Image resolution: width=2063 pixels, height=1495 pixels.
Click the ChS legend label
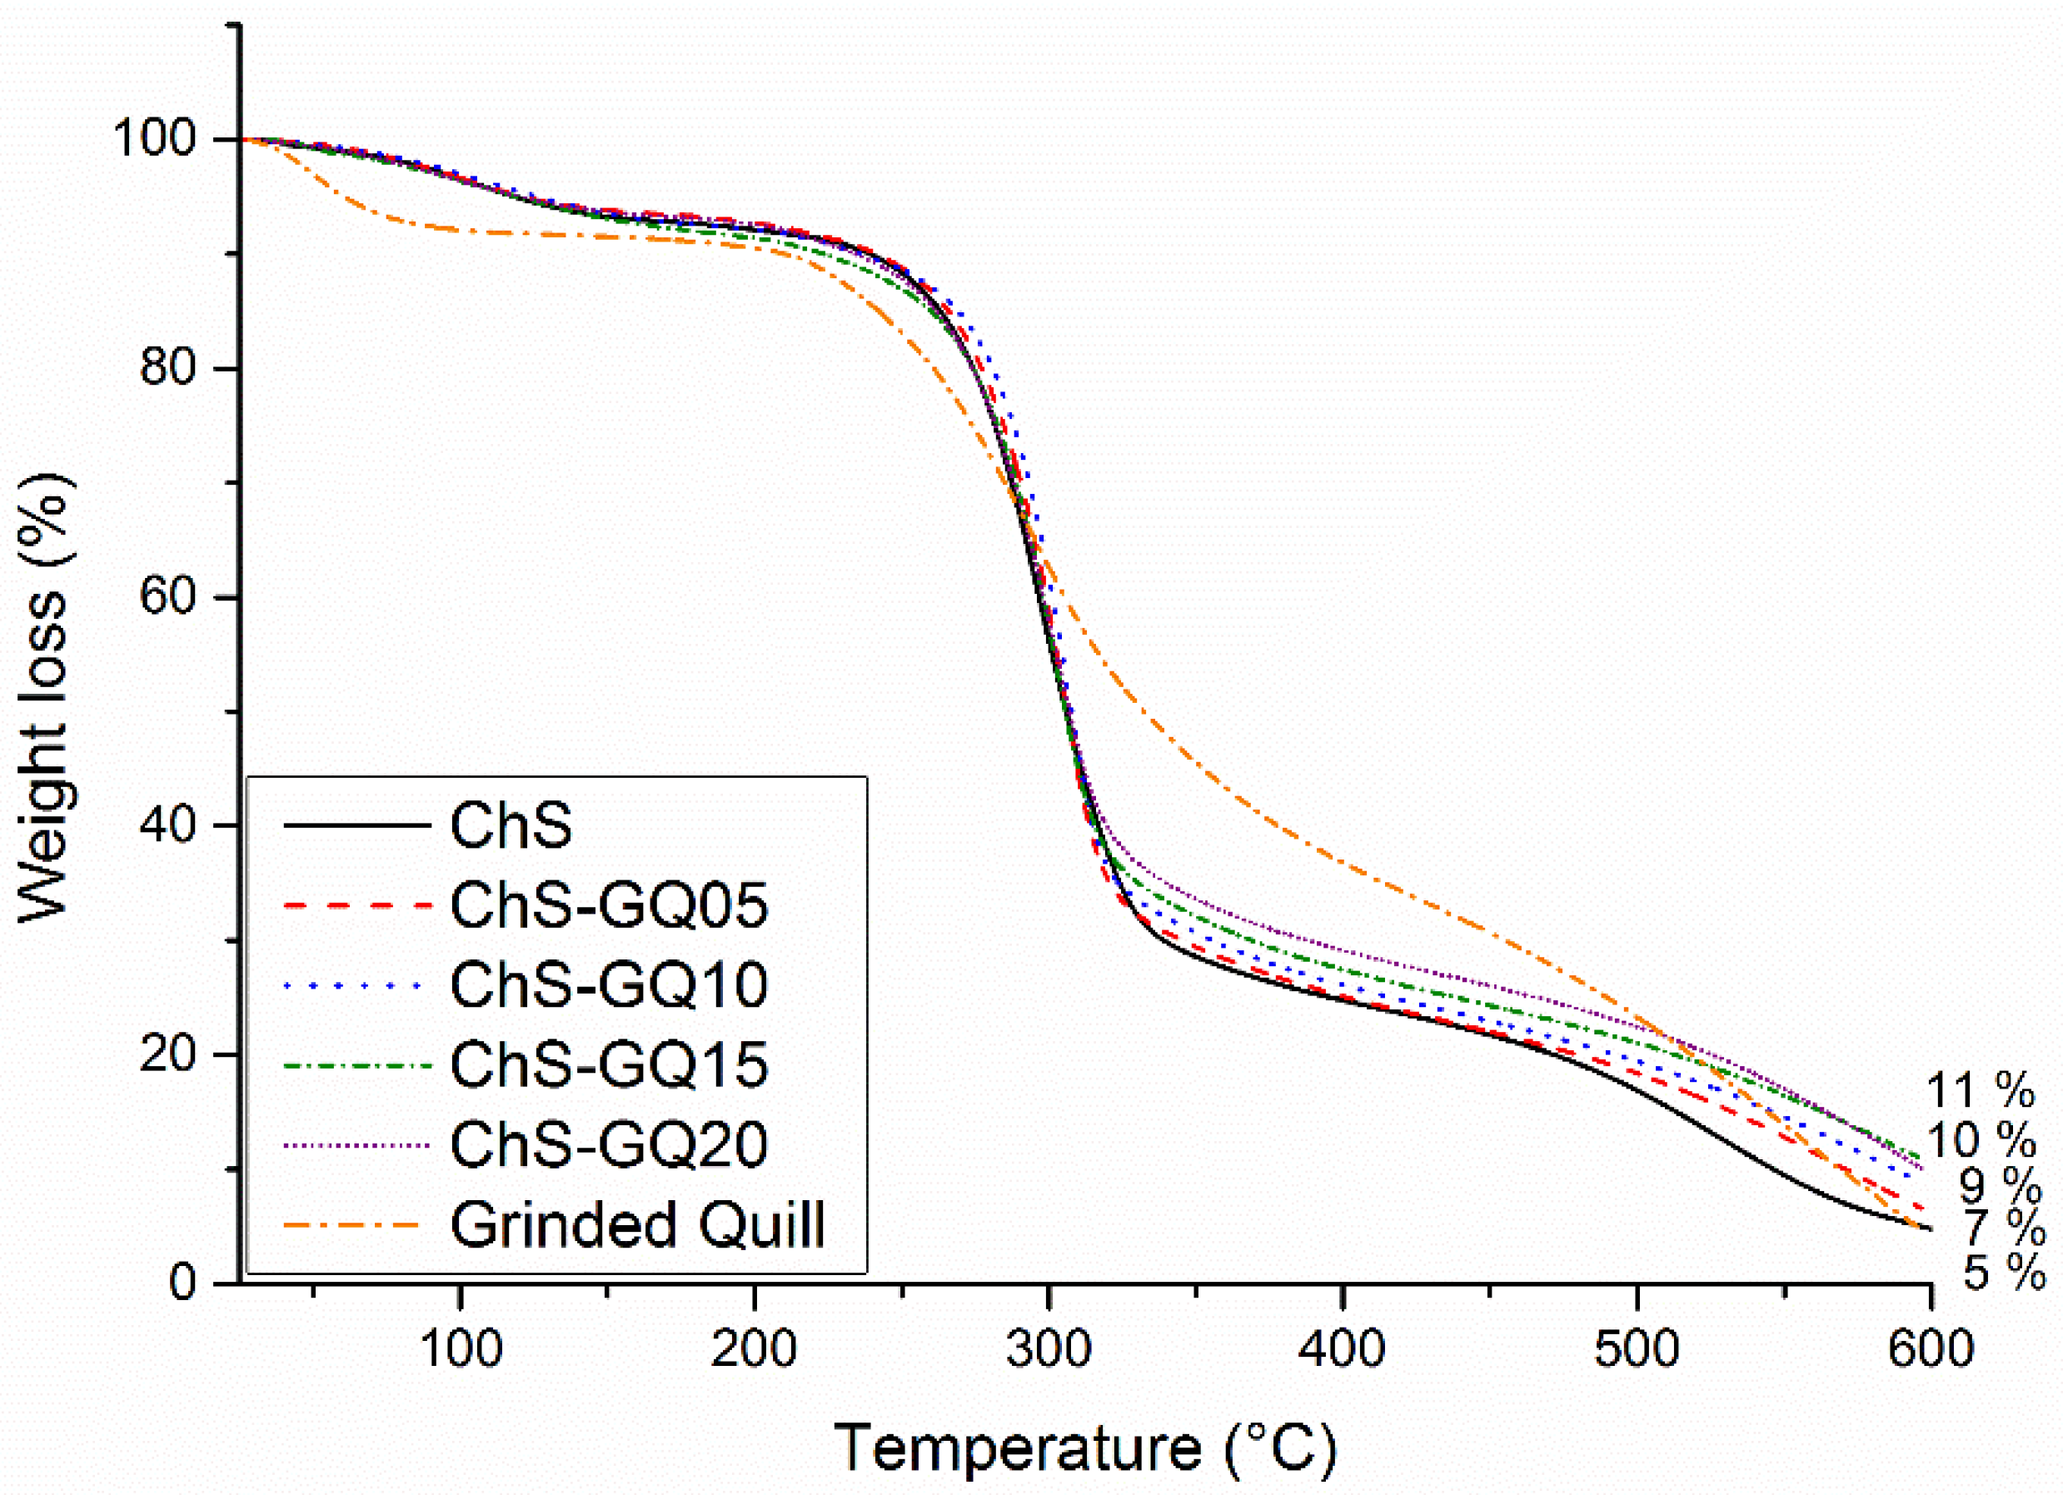coord(511,825)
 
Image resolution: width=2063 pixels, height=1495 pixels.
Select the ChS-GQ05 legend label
coord(609,905)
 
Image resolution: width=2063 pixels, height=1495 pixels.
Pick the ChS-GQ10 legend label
coord(609,984)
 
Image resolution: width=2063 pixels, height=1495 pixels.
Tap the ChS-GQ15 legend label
coord(609,1065)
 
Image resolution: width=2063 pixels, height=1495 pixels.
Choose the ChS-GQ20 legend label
coord(609,1145)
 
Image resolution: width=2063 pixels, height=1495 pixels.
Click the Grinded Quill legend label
coord(637,1225)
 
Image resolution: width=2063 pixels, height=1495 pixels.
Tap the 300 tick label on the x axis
coord(1048,1349)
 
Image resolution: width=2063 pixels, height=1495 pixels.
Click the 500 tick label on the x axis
coord(1636,1349)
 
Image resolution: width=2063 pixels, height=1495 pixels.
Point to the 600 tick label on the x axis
coord(1929,1349)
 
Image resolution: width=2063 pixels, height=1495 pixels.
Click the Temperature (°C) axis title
coord(1085,1447)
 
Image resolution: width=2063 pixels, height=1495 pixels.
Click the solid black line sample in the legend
coord(356,825)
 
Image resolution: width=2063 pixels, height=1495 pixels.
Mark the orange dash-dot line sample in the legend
coord(356,1225)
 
